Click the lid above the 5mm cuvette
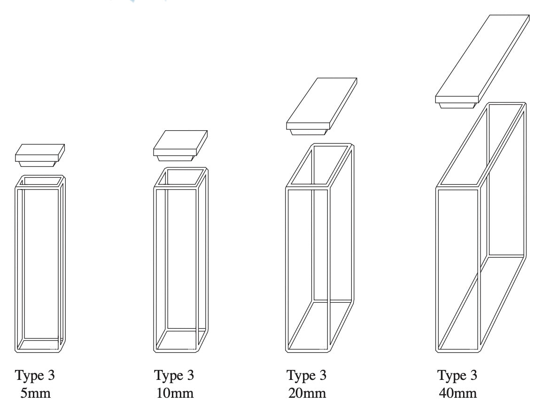[40, 153]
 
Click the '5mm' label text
[35, 393]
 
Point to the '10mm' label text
[175, 393]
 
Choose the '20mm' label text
[307, 393]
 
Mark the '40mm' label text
[457, 393]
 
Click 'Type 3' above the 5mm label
[35, 375]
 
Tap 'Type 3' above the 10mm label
[174, 375]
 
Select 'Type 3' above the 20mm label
[306, 375]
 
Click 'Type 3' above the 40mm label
[457, 375]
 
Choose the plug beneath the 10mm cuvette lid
[175, 158]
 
